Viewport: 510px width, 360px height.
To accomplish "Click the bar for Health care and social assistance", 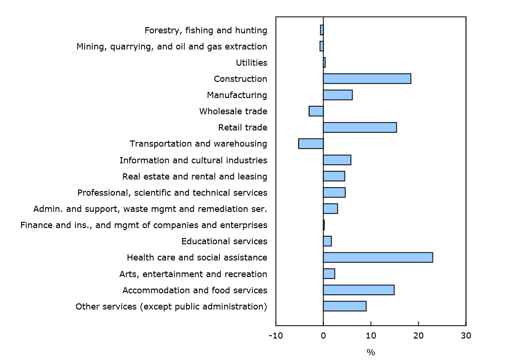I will pos(378,258).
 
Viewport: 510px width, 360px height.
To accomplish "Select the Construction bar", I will pos(367,79).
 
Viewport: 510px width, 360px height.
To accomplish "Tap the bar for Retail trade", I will pos(360,128).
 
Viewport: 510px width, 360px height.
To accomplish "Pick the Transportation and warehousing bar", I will pos(311,144).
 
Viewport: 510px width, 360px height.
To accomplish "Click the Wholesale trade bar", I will pos(316,111).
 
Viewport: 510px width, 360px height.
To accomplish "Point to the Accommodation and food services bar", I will pos(359,290).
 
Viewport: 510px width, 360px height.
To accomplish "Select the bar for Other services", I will pos(344,306).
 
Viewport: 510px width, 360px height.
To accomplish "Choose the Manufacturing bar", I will pos(338,95).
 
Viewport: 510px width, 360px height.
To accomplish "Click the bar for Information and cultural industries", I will pos(337,160).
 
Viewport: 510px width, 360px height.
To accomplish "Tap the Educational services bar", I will pos(327,241).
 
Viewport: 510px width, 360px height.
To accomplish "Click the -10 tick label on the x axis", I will pos(275,336).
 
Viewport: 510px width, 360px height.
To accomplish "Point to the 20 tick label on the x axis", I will pos(418,336).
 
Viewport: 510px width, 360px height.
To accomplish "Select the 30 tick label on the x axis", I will pos(466,336).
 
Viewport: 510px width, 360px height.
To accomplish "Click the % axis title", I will pos(371,352).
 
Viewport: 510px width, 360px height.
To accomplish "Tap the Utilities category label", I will pos(251,63).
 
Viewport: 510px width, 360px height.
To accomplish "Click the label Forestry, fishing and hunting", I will pos(206,30).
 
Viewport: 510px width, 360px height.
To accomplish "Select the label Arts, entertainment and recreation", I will pos(193,274).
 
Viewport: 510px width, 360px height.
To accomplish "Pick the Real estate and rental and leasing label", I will pos(195,177).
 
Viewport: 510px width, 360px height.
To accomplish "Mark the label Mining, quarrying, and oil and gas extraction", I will pos(172,47).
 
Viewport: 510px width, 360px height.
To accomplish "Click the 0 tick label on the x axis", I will pos(323,336).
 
